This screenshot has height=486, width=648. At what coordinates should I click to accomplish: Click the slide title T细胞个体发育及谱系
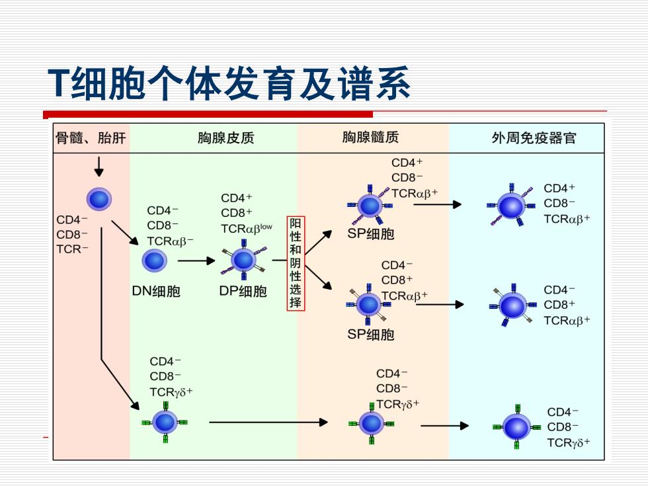pyautogui.click(x=229, y=84)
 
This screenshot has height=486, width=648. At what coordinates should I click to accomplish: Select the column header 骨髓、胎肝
pyautogui.click(x=91, y=138)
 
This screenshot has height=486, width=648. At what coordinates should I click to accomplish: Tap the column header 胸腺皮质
pyautogui.click(x=225, y=138)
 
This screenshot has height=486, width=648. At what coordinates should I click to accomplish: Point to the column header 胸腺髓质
pyautogui.click(x=370, y=138)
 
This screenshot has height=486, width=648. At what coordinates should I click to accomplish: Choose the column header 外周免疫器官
pyautogui.click(x=534, y=138)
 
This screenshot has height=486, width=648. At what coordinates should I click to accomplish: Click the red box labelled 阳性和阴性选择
pyautogui.click(x=296, y=263)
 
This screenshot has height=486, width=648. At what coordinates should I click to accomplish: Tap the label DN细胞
pyautogui.click(x=156, y=292)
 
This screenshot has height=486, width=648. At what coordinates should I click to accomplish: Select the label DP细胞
pyautogui.click(x=243, y=292)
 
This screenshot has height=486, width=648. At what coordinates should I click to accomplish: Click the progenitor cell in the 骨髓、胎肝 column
pyautogui.click(x=99, y=199)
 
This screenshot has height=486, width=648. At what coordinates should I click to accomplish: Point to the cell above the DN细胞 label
pyautogui.click(x=155, y=261)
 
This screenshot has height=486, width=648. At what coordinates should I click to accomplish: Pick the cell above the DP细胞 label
pyautogui.click(x=244, y=260)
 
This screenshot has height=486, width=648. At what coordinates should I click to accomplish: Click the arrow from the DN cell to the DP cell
pyautogui.click(x=196, y=261)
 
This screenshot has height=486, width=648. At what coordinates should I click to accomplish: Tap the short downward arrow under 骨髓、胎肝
pyautogui.click(x=99, y=167)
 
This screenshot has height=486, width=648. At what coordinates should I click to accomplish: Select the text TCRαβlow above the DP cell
pyautogui.click(x=246, y=229)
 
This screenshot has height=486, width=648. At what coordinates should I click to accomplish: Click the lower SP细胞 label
pyautogui.click(x=371, y=335)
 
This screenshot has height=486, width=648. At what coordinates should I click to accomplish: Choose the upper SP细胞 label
pyautogui.click(x=371, y=234)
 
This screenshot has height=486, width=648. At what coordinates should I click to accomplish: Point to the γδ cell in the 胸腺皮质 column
pyautogui.click(x=165, y=423)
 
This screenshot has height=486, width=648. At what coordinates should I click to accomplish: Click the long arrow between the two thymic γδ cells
pyautogui.click(x=268, y=423)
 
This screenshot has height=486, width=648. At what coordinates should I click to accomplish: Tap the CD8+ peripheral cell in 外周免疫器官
pyautogui.click(x=513, y=305)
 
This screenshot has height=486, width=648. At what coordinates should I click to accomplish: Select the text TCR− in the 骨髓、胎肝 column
pyautogui.click(x=72, y=249)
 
